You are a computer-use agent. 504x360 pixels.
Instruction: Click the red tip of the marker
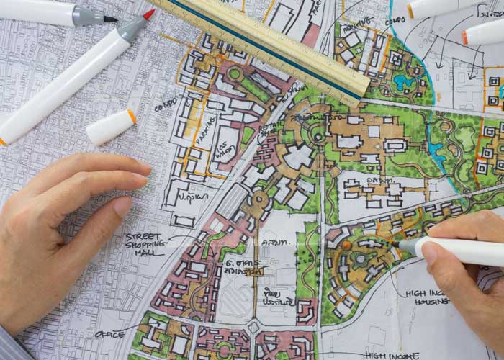[x=148, y=14]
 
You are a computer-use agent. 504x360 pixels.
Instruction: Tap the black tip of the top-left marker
[x=110, y=19]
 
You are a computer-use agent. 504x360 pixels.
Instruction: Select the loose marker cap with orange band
[x=111, y=127]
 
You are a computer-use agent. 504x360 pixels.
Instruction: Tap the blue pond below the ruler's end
[x=402, y=82]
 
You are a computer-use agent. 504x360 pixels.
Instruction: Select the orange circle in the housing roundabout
[x=360, y=257]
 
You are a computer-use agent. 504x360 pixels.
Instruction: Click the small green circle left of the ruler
[x=235, y=73]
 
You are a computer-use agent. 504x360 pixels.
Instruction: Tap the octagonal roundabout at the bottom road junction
[x=253, y=328]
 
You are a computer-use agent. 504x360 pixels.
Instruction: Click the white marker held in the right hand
[x=461, y=251]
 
